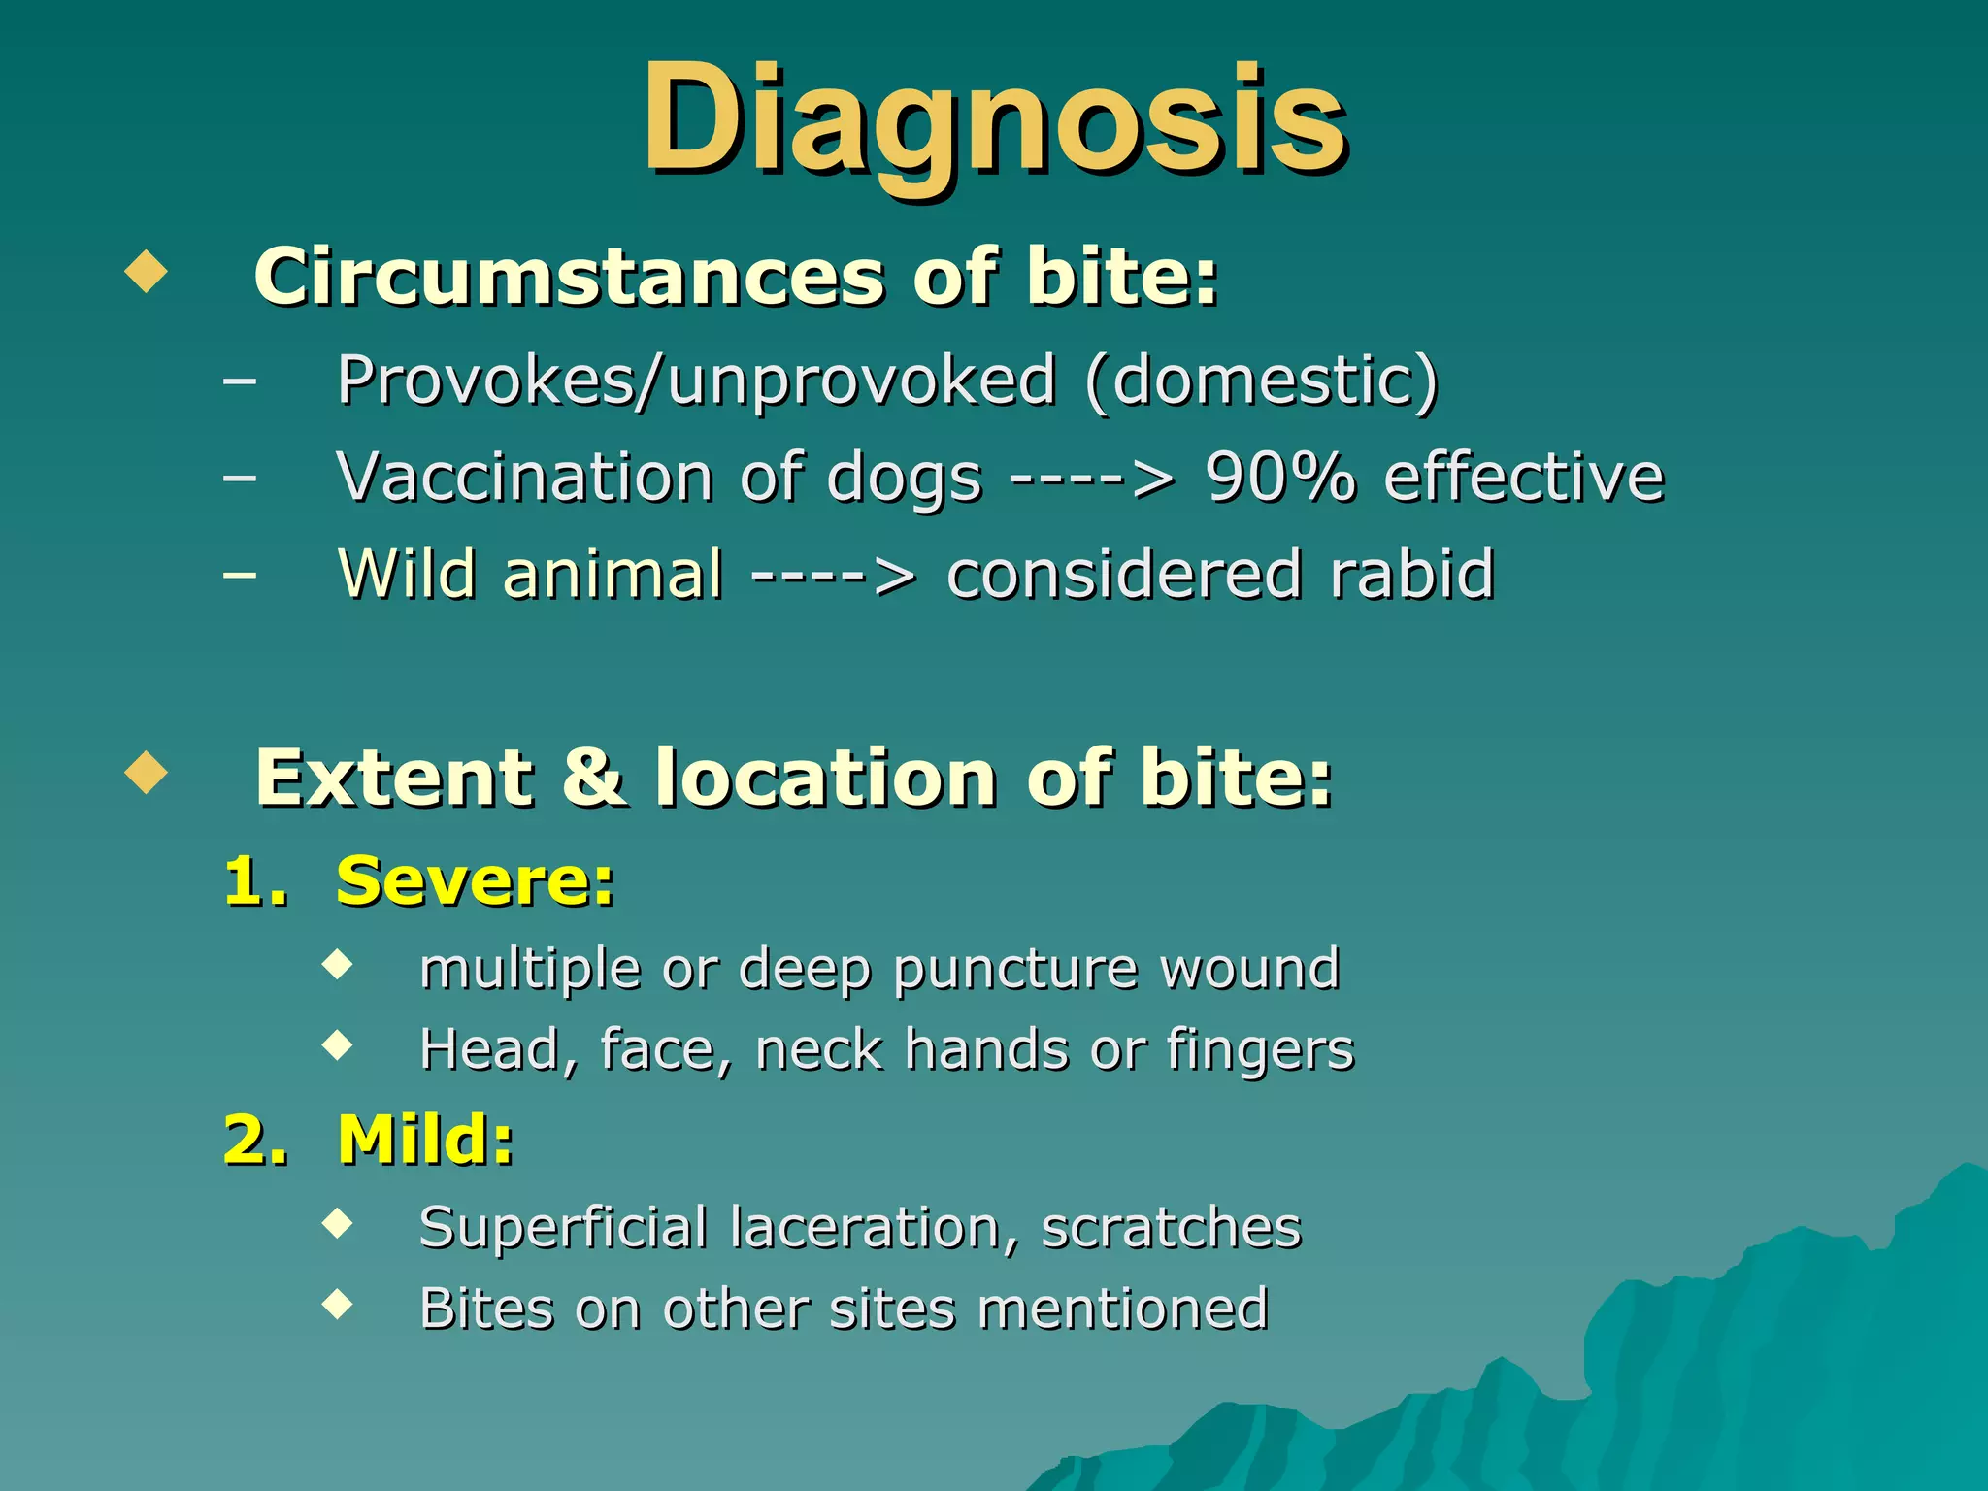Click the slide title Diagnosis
(994, 121)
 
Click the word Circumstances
(569, 277)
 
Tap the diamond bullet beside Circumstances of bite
(147, 272)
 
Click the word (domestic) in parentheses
(1261, 381)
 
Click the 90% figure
(1279, 478)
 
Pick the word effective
(1523, 478)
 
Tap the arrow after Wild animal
(833, 576)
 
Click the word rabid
(1412, 574)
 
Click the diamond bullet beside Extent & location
(147, 773)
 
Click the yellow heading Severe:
(475, 881)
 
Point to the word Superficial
(563, 1228)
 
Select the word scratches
(1171, 1228)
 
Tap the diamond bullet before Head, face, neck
(338, 1045)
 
